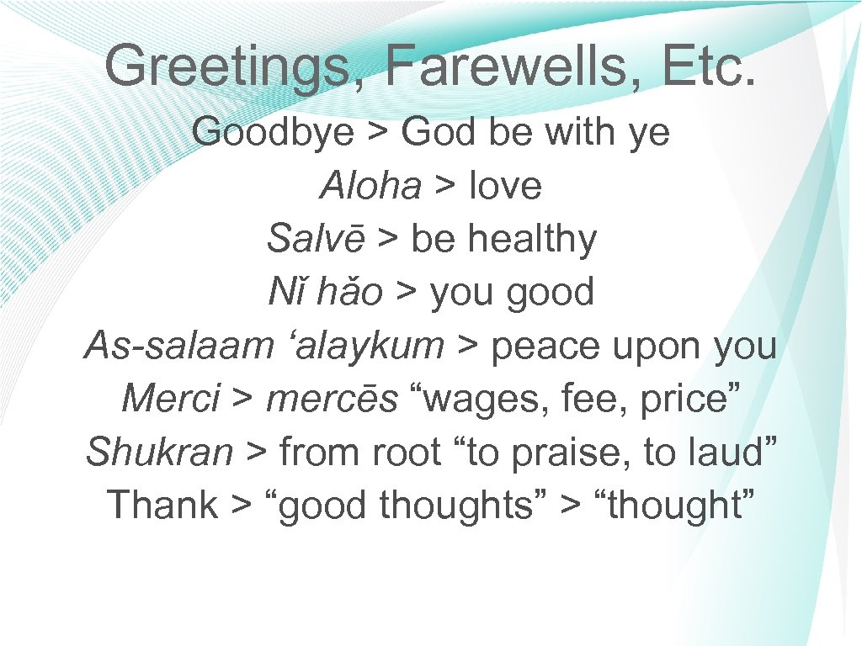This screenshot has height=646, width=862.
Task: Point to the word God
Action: [438, 132]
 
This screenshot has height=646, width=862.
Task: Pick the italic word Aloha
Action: [370, 186]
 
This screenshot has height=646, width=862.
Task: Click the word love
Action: [505, 186]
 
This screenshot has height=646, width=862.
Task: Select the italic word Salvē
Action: [316, 239]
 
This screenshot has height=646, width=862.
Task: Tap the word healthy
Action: [532, 239]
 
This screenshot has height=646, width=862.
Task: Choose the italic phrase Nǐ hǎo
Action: [326, 293]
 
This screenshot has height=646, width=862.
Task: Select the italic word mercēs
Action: [332, 399]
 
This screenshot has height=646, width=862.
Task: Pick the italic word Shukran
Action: [159, 452]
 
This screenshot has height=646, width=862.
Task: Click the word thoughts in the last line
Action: [453, 506]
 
